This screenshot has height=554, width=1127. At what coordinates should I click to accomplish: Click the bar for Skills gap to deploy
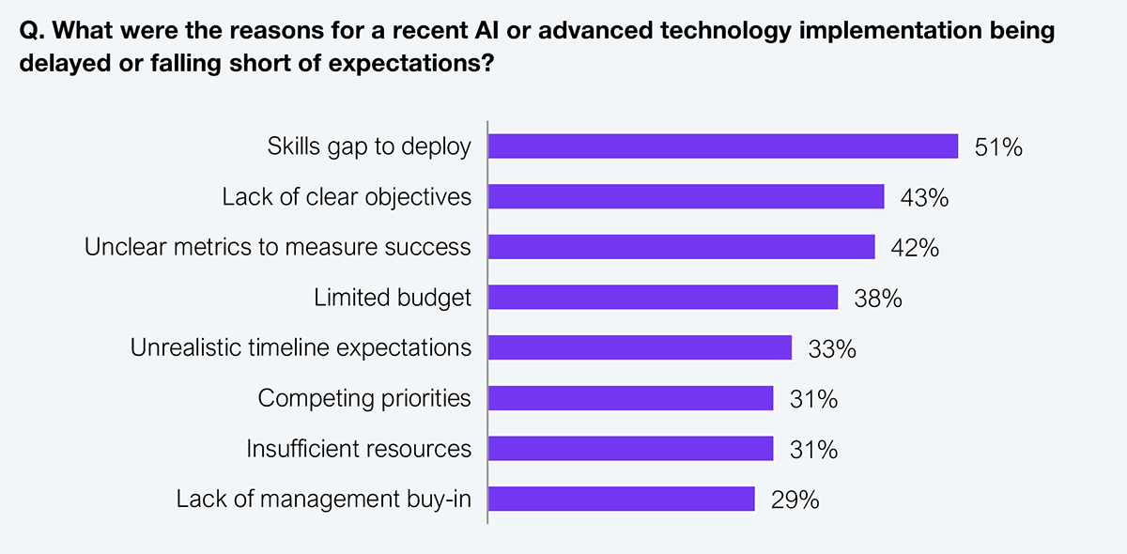pyautogui.click(x=723, y=146)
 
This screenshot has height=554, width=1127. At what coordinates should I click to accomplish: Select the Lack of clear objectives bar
pyautogui.click(x=687, y=196)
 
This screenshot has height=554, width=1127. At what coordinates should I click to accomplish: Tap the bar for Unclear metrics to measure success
pyautogui.click(x=682, y=247)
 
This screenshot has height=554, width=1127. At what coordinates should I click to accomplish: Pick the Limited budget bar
pyautogui.click(x=663, y=298)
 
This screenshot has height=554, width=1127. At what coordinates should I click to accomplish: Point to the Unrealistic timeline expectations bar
pyautogui.click(x=641, y=348)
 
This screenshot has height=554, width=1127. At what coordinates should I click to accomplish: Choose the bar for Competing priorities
pyautogui.click(x=631, y=398)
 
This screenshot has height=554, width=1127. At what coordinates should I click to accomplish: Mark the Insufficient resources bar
pyautogui.click(x=631, y=449)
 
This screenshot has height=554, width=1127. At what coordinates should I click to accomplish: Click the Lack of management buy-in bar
pyautogui.click(x=622, y=499)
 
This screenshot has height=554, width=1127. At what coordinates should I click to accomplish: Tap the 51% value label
pyautogui.click(x=998, y=147)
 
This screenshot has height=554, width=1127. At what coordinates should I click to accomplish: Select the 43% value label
pyautogui.click(x=925, y=197)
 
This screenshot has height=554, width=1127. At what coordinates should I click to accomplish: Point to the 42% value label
pyautogui.click(x=916, y=248)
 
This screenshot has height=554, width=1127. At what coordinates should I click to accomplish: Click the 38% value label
pyautogui.click(x=878, y=299)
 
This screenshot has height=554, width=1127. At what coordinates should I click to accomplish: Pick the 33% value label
pyautogui.click(x=832, y=349)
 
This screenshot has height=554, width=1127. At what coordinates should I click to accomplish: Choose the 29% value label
pyautogui.click(x=795, y=500)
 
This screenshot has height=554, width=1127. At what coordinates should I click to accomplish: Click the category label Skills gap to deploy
pyautogui.click(x=369, y=147)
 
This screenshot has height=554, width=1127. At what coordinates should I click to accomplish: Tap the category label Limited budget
pyautogui.click(x=393, y=298)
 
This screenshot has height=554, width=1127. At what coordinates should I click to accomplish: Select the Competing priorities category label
pyautogui.click(x=364, y=398)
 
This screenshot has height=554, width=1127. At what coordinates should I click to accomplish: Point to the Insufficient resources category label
pyautogui.click(x=359, y=449)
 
